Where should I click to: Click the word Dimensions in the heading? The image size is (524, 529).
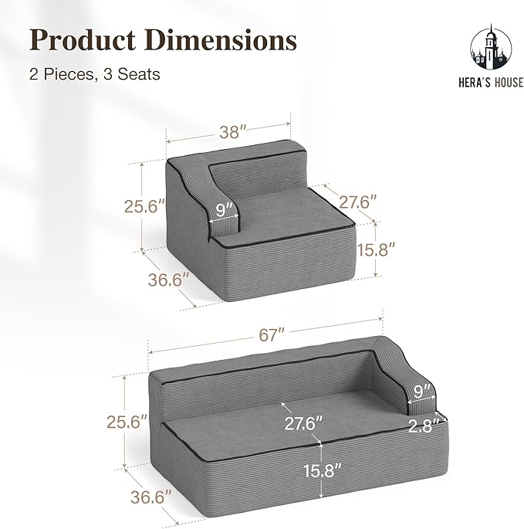point(221,40)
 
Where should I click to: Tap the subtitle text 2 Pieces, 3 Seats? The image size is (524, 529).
point(95,74)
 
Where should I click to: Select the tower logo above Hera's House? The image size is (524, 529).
point(491,48)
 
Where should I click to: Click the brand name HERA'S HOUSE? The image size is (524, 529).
point(491,83)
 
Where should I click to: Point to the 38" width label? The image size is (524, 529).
point(234,132)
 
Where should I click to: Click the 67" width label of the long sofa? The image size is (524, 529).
point(272,335)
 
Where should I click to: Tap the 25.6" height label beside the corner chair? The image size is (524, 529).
point(144,205)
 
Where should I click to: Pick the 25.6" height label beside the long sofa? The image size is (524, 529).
point(127,422)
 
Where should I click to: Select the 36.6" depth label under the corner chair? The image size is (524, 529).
point(168,280)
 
